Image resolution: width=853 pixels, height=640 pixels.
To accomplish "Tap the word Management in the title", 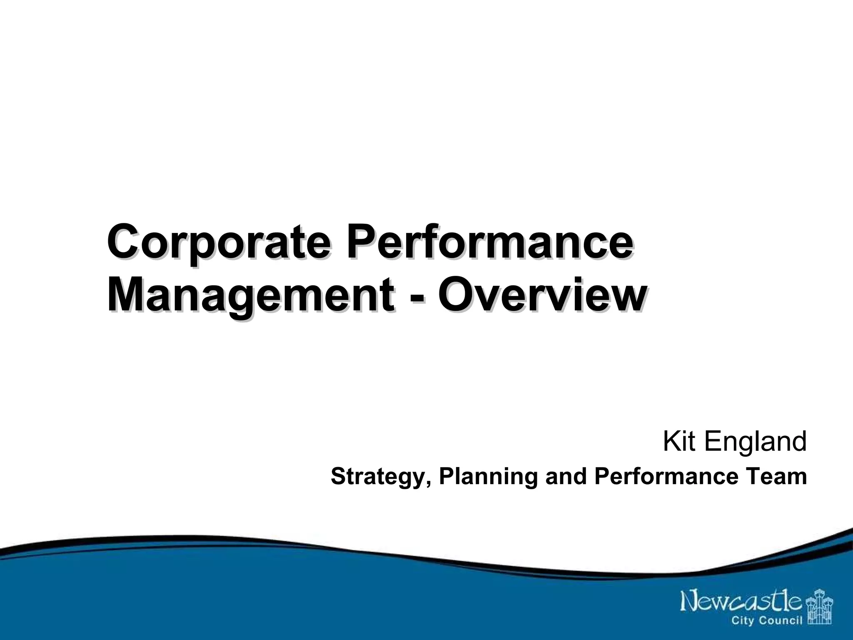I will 250,297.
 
